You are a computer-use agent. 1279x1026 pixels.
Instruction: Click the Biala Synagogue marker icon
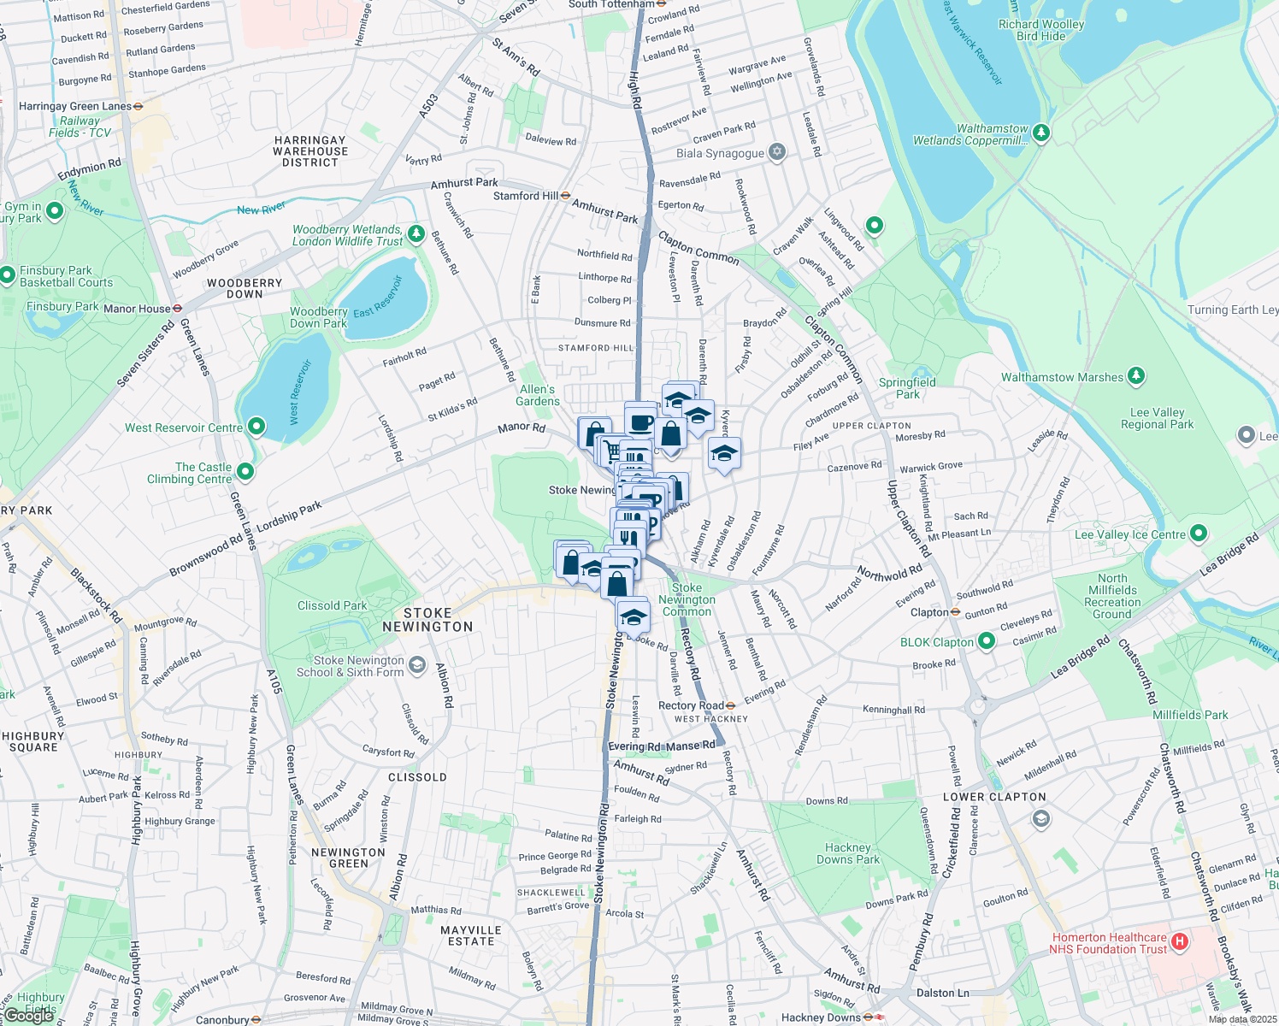(776, 152)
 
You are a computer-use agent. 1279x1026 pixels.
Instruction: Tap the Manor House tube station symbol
(178, 309)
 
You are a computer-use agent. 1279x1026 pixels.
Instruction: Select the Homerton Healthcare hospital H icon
(1180, 942)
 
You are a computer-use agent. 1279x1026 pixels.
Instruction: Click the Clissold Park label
(332, 605)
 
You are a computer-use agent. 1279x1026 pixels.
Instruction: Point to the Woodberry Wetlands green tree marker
(416, 233)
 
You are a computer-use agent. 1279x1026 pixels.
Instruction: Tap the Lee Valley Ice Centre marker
(1199, 534)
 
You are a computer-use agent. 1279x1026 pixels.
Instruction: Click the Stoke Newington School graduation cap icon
(416, 665)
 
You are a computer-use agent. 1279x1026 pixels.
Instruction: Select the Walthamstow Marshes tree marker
(1135, 376)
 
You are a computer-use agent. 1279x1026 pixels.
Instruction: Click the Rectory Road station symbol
(730, 705)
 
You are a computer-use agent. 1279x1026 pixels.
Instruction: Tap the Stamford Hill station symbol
(565, 196)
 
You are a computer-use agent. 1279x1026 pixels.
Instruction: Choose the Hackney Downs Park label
(847, 853)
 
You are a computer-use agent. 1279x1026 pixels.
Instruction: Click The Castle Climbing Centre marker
(245, 471)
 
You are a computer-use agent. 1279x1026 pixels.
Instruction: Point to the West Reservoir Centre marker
(256, 427)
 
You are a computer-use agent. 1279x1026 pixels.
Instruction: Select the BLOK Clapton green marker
(987, 641)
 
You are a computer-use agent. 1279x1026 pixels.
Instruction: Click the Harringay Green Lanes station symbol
(139, 107)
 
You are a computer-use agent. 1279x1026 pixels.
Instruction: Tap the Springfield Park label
(907, 388)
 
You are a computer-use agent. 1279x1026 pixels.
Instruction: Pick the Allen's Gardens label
(538, 395)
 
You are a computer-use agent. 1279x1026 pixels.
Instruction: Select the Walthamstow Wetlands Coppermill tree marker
(1040, 133)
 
